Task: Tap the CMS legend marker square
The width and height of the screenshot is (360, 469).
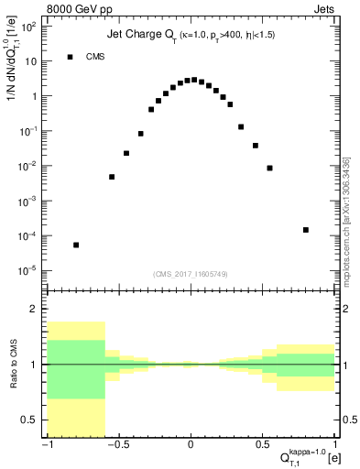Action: (70, 57)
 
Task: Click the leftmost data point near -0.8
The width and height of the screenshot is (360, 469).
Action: (76, 245)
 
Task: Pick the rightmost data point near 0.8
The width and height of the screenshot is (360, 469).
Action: (305, 230)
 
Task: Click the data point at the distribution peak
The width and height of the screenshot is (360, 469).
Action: (193, 80)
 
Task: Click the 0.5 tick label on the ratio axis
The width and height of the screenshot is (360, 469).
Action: (33, 420)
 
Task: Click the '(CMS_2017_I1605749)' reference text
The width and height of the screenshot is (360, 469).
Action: (191, 274)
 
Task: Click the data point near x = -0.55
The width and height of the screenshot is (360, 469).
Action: (112, 177)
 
